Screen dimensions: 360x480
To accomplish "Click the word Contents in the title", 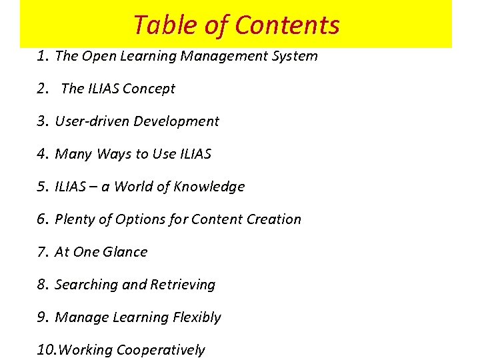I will (x=287, y=25).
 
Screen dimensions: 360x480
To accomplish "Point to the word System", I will (x=295, y=56).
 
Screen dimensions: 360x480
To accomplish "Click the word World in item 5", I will (x=133, y=187).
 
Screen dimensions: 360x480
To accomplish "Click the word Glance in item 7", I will (x=125, y=252).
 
